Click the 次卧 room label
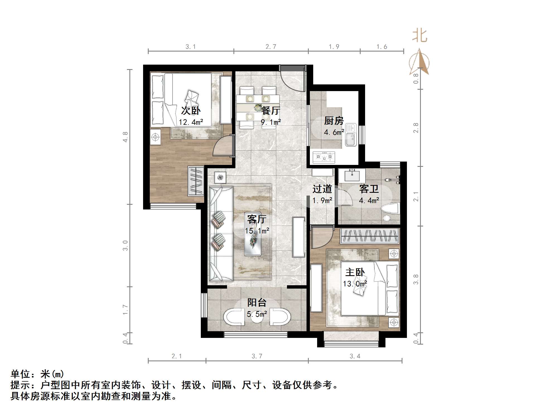tap(190, 111)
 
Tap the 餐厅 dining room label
tap(271, 111)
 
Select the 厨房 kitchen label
tap(334, 121)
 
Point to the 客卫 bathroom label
tap(369, 189)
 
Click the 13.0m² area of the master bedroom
tap(354, 284)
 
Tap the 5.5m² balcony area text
tap(257, 314)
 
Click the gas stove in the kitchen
tap(324, 157)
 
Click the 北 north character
tap(419, 36)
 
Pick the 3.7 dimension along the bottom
tap(257, 356)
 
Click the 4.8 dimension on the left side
tap(126, 137)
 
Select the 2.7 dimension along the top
tap(271, 47)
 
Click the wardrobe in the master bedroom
tap(370, 236)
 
